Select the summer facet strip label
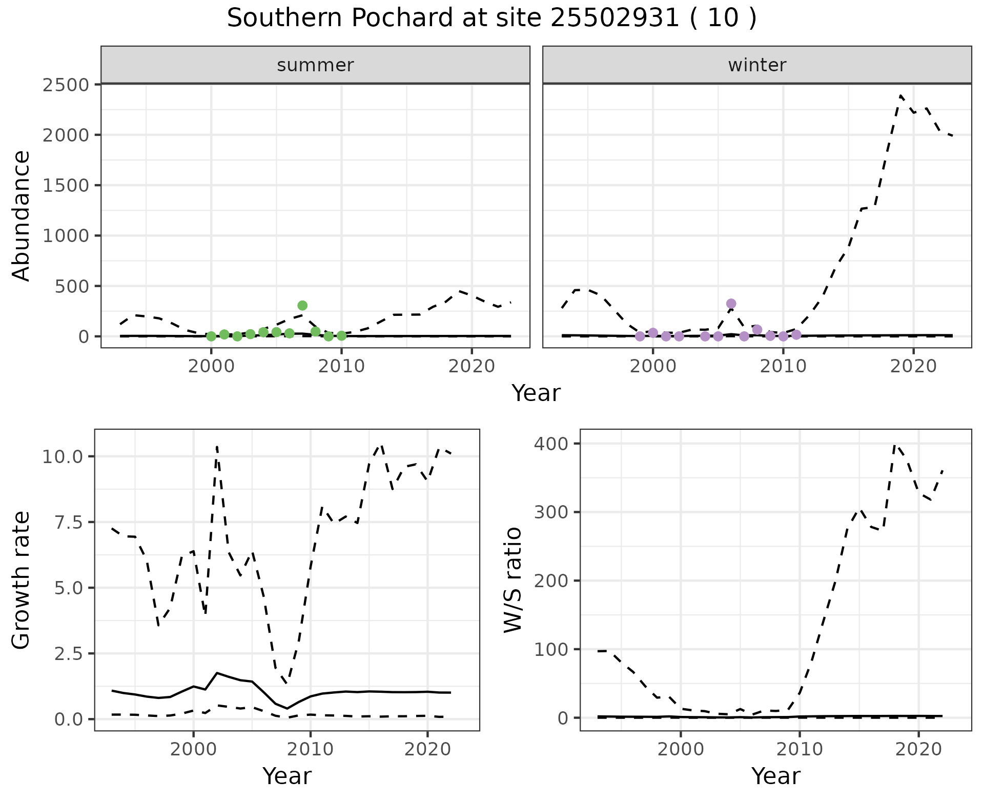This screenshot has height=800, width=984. (x=315, y=65)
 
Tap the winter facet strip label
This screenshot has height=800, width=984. (x=757, y=65)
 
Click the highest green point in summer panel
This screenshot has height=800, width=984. (x=302, y=306)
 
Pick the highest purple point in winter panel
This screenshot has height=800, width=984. (x=731, y=304)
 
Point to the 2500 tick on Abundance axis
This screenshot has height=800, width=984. (x=66, y=85)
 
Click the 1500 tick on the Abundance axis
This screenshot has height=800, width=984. (x=66, y=185)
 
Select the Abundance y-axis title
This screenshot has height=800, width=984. (x=22, y=215)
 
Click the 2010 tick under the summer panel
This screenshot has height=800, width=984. (x=341, y=366)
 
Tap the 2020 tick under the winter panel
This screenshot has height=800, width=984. (x=913, y=366)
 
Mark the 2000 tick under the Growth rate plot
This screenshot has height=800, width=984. (x=193, y=749)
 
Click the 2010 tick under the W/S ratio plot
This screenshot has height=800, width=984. (x=799, y=749)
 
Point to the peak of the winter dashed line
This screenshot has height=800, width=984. (x=900, y=95)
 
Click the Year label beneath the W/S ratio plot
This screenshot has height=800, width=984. (x=775, y=776)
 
